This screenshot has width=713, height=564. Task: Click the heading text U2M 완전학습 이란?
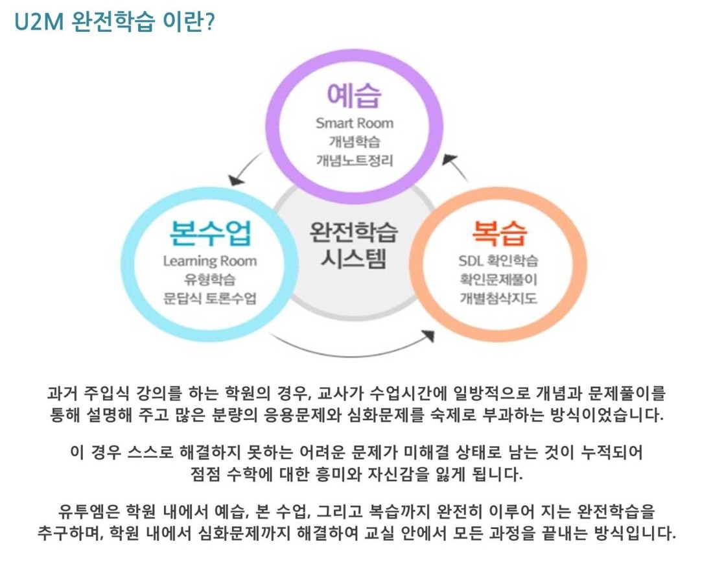pos(114,21)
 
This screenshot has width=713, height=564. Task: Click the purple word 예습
pos(354,95)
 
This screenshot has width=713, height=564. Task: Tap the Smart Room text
pos(354,123)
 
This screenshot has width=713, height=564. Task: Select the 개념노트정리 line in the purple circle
pos(354,160)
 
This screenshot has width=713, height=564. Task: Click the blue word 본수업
pos(209,233)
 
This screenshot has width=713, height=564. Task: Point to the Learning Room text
pos(209,261)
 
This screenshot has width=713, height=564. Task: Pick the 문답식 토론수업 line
pos(209,298)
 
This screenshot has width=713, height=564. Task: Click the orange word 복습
pos(499,233)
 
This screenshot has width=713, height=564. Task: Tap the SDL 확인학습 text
pos(498,261)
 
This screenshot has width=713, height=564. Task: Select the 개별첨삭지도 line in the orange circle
pos(498,298)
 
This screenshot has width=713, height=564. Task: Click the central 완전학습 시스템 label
pos(354,246)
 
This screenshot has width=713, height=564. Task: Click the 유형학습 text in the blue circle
pos(209,279)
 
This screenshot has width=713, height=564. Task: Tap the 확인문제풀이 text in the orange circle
pos(498,279)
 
